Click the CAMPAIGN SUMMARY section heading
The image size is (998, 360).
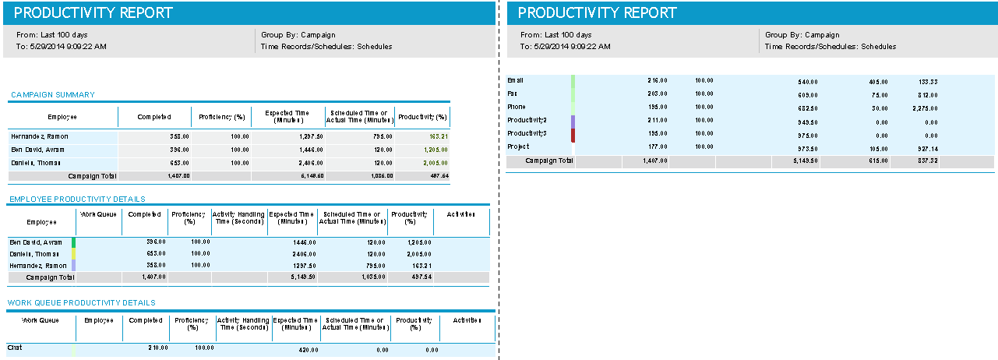(x=53, y=95)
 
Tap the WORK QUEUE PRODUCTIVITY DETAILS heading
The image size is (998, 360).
(x=82, y=302)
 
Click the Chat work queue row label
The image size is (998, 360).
(x=14, y=348)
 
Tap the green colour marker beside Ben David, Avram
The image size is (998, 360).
(x=73, y=242)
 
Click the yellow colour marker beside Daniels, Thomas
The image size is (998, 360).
(x=73, y=254)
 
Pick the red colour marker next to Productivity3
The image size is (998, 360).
(x=573, y=135)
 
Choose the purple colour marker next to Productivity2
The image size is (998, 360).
(x=573, y=122)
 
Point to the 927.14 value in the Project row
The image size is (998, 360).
(x=926, y=147)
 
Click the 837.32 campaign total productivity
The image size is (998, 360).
(x=926, y=161)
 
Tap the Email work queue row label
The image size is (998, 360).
(x=516, y=80)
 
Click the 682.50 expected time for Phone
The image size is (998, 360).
(x=809, y=108)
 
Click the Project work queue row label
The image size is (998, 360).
(x=518, y=146)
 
